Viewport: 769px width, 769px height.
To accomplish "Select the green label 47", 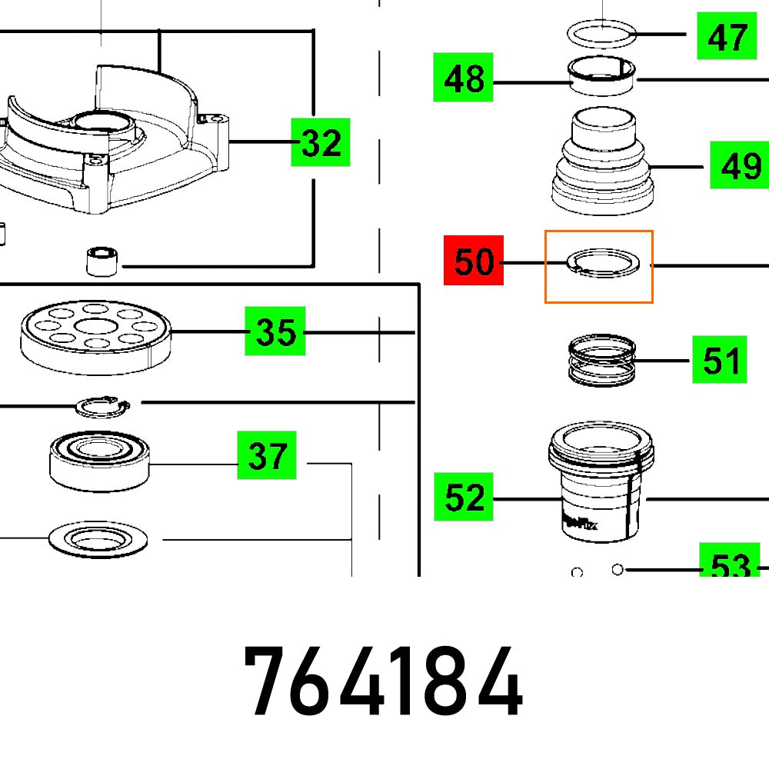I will (727, 36).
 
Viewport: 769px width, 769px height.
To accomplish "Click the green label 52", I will (464, 498).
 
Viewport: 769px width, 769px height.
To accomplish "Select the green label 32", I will (321, 143).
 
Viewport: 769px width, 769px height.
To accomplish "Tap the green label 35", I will (275, 331).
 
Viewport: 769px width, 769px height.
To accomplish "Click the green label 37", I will (267, 456).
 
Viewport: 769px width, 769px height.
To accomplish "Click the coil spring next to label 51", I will (602, 361).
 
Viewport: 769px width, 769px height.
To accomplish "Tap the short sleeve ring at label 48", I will (602, 78).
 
